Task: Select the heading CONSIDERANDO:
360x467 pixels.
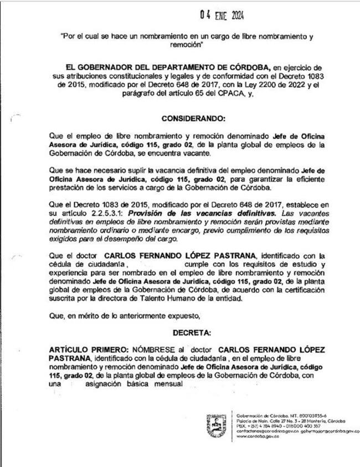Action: (193, 119)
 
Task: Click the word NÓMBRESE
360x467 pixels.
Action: (154, 350)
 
